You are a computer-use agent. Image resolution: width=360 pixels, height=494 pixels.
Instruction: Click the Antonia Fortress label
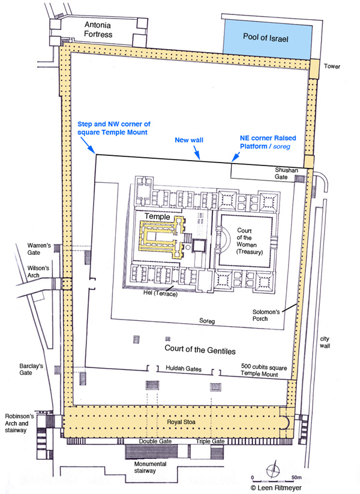tap(98, 29)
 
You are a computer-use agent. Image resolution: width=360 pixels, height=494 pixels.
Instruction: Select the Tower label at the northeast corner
tap(332, 66)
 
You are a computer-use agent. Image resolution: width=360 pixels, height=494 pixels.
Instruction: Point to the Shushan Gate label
tap(286, 173)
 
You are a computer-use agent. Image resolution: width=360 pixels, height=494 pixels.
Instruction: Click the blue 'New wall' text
tap(189, 140)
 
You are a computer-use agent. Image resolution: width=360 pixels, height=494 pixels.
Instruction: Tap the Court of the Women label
tap(250, 241)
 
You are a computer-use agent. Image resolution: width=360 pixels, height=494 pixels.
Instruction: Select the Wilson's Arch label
tap(38, 272)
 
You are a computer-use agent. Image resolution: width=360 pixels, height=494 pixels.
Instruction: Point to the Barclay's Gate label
tap(31, 369)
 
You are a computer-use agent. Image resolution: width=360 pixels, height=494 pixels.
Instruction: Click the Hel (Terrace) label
tap(160, 294)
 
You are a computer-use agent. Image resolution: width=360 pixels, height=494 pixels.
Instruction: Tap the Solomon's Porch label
tap(266, 315)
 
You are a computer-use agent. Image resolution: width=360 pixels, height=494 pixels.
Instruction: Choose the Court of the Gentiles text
tap(200, 349)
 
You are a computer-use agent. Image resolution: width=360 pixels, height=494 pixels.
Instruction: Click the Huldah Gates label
tap(184, 368)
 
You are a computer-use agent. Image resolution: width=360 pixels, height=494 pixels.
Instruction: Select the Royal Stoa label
tap(181, 422)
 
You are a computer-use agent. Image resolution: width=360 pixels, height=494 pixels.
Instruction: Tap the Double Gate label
tap(155, 441)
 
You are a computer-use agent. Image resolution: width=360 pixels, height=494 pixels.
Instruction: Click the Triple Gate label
tap(210, 441)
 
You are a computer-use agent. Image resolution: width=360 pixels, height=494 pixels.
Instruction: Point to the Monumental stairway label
tap(150, 467)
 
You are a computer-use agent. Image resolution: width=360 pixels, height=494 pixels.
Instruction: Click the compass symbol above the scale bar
tap(272, 471)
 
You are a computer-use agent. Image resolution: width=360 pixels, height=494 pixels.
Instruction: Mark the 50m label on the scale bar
tap(296, 478)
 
